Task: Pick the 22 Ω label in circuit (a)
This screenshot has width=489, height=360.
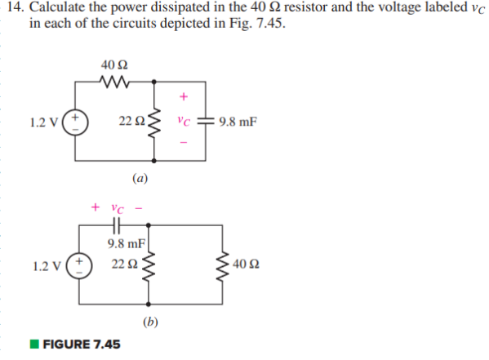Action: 129,122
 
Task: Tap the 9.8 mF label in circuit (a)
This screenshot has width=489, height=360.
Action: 237,122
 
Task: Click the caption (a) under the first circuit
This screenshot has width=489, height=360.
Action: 140,176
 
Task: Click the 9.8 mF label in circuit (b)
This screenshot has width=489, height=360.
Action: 126,243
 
